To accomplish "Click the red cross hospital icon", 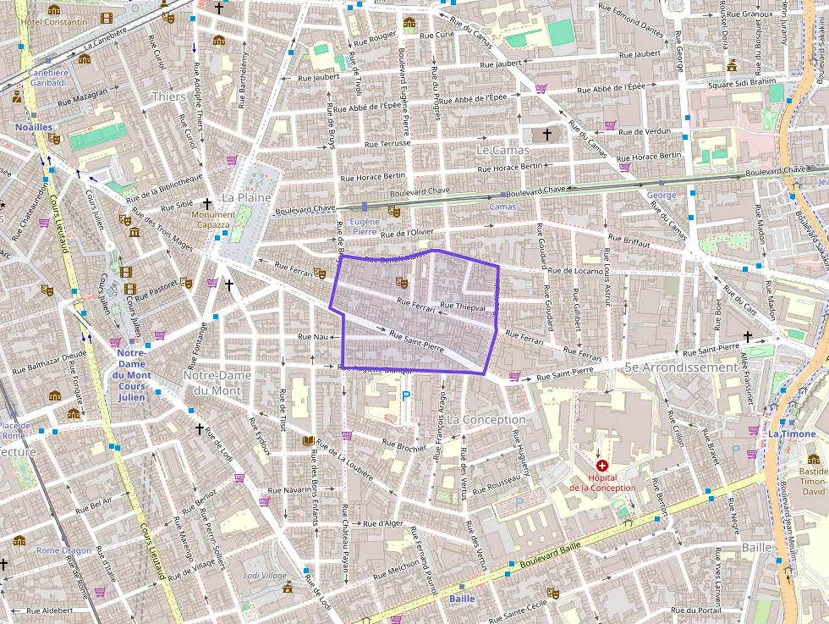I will [601, 466].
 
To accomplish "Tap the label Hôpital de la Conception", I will [601, 483].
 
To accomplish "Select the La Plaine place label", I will [246, 197].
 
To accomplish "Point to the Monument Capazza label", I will [212, 220].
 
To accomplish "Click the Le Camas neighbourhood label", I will [502, 150].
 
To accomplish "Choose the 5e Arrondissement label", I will [680, 367].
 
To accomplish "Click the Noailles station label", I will [34, 127].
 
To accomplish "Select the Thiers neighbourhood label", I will [167, 97].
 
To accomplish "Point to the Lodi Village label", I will [265, 575].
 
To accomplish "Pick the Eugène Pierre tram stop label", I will [364, 225].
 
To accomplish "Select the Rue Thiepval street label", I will [463, 306].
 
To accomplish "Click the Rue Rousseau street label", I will [497, 485].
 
